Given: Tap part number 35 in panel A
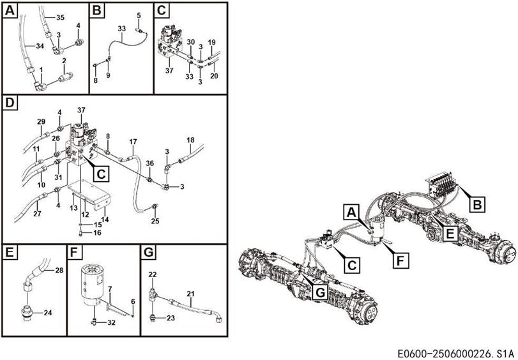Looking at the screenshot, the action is point(60,18).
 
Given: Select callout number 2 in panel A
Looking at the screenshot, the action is point(64,61).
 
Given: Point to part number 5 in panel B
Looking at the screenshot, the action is point(139,15).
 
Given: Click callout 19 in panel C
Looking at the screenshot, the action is point(212,42).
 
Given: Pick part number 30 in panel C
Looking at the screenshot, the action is point(191,42).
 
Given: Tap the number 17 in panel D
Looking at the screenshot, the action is point(133,142).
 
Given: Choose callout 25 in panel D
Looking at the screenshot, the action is point(155,221).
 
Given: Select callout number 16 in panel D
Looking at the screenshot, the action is point(97,233).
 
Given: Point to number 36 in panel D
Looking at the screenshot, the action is point(149,163).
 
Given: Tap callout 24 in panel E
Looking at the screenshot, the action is point(48,312).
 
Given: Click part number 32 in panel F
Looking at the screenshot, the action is point(111,322).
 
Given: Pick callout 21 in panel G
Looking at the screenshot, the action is point(190,294).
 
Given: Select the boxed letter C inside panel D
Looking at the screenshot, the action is point(101,174).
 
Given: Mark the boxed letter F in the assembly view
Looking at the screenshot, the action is point(400,261).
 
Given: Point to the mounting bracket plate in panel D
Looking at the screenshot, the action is point(89,194).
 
